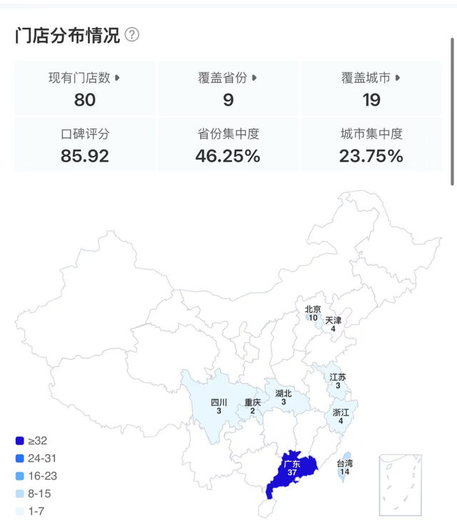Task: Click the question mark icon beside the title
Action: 132,35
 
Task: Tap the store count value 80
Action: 85,100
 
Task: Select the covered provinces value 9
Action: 228,100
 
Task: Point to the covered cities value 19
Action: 371,100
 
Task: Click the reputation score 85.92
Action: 85,155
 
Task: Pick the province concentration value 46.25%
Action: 228,155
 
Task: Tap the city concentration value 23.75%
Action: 371,155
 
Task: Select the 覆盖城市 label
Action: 366,78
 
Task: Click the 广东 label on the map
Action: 291,464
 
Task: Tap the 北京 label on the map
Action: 313,309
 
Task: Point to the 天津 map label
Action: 333,321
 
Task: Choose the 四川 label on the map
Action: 219,403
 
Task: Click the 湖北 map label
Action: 283,393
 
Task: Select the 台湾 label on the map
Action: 346,463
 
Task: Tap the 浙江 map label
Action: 341,413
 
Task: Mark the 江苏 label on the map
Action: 338,377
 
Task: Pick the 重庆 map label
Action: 252,403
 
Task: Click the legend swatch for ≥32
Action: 20,441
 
